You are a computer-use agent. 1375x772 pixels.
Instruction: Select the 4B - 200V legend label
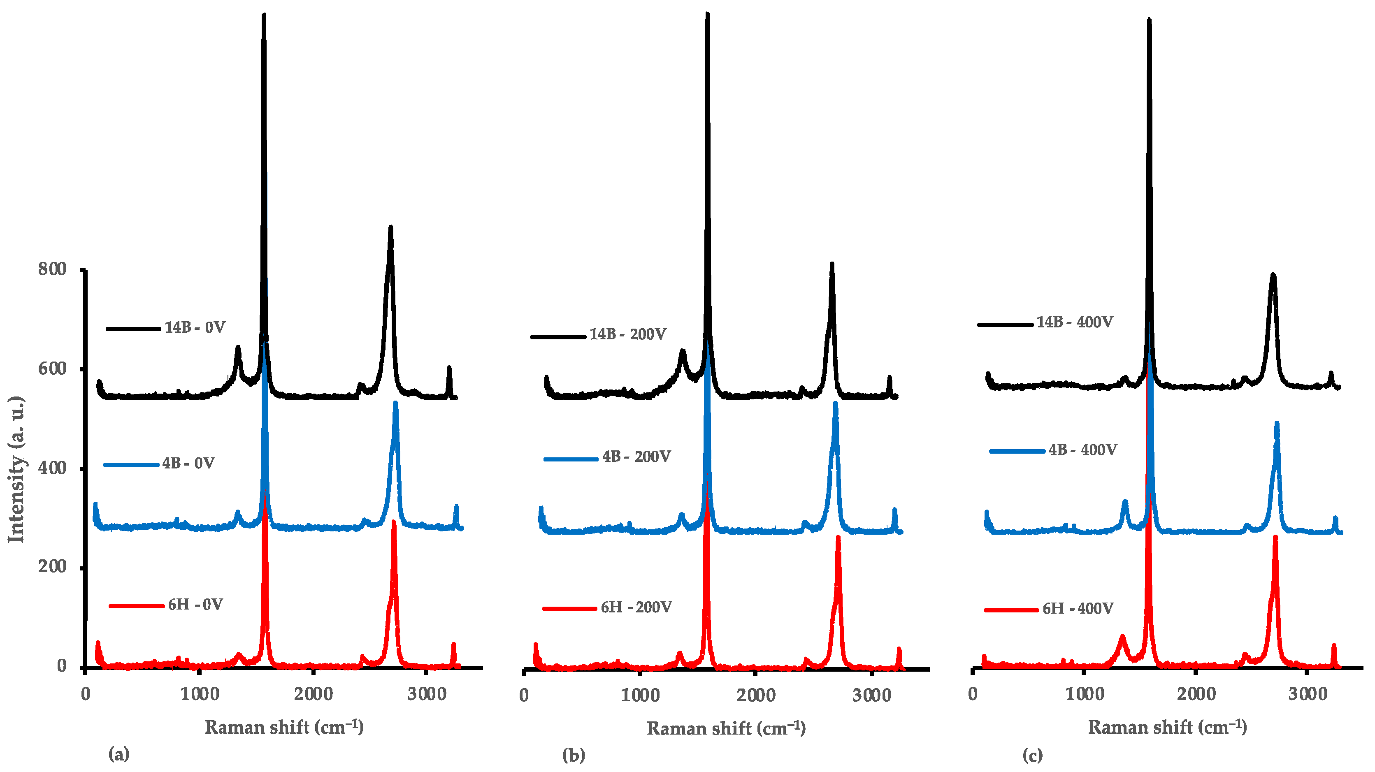tap(636, 457)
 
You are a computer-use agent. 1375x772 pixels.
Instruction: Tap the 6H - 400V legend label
tap(1078, 608)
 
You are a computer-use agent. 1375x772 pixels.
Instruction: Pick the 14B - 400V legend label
tap(1075, 322)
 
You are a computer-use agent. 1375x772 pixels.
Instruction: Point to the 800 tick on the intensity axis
tap(52, 269)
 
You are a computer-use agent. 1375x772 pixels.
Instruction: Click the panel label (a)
tap(118, 754)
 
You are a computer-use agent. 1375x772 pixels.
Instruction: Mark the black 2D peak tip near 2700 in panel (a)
tap(390, 228)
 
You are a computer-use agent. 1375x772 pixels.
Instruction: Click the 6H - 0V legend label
tap(195, 605)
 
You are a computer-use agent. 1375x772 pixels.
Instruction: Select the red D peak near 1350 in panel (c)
tap(1122, 637)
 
